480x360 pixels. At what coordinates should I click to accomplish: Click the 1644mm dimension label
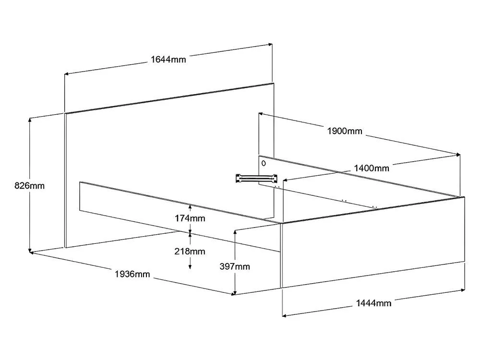pyautogui.click(x=168, y=59)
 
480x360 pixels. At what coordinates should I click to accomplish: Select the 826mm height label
pyautogui.click(x=29, y=185)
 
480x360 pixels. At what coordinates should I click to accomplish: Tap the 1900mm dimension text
pyautogui.click(x=345, y=131)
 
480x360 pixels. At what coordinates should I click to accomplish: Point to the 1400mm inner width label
pyautogui.click(x=372, y=168)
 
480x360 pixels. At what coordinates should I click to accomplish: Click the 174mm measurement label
pyautogui.click(x=190, y=218)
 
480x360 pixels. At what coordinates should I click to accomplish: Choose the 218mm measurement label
pyautogui.click(x=190, y=252)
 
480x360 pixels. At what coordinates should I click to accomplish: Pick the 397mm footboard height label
pyautogui.click(x=235, y=266)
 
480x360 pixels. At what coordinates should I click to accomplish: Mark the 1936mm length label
pyautogui.click(x=132, y=274)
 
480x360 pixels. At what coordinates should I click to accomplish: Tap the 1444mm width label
pyautogui.click(x=373, y=303)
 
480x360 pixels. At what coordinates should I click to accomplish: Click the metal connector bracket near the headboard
pyautogui.click(x=256, y=178)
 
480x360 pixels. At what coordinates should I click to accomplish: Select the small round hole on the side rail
pyautogui.click(x=264, y=164)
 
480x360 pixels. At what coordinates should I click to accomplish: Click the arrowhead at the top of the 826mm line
pyautogui.click(x=30, y=120)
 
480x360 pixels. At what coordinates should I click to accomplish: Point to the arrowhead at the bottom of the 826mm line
pyautogui.click(x=30, y=251)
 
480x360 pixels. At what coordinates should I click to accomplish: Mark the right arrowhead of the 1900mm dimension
pyautogui.click(x=458, y=155)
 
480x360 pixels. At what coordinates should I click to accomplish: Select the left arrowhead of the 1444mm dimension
pyautogui.click(x=284, y=315)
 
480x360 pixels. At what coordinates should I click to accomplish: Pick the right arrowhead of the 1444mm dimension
pyautogui.click(x=463, y=289)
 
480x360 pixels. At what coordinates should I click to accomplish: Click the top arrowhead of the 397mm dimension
pyautogui.click(x=235, y=232)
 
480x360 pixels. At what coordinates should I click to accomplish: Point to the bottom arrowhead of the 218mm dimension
pyautogui.click(x=190, y=266)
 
